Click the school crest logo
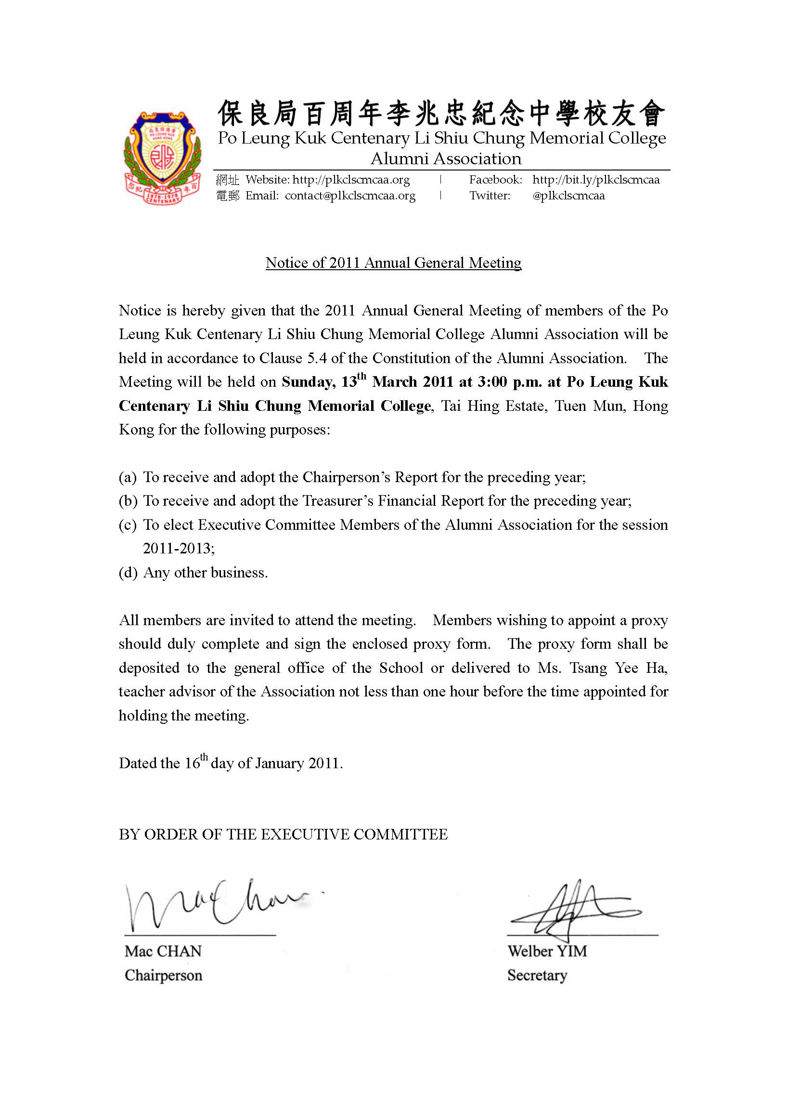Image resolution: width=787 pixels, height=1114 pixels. pyautogui.click(x=162, y=157)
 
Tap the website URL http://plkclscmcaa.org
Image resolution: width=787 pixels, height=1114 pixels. pyautogui.click(x=351, y=180)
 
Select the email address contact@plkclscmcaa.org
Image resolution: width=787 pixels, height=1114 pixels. pyautogui.click(x=350, y=196)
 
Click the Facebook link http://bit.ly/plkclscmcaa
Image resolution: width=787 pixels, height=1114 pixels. pyautogui.click(x=596, y=180)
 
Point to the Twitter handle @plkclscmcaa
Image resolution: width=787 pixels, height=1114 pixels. pyautogui.click(x=568, y=196)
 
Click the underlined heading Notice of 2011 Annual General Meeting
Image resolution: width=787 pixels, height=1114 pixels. pyautogui.click(x=393, y=263)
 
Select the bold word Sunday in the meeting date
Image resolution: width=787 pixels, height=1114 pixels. pyautogui.click(x=308, y=382)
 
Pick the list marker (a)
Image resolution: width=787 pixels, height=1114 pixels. pyautogui.click(x=128, y=477)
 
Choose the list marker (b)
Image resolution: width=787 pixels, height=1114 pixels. pyautogui.click(x=128, y=501)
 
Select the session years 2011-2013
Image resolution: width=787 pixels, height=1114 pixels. pyautogui.click(x=178, y=549)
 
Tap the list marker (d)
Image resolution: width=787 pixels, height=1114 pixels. pyautogui.click(x=128, y=573)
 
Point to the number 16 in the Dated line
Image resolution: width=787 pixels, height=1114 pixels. pyautogui.click(x=192, y=764)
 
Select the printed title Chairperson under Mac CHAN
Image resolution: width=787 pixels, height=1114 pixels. pyautogui.click(x=163, y=975)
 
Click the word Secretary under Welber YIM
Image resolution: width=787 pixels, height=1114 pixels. pyautogui.click(x=537, y=975)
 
